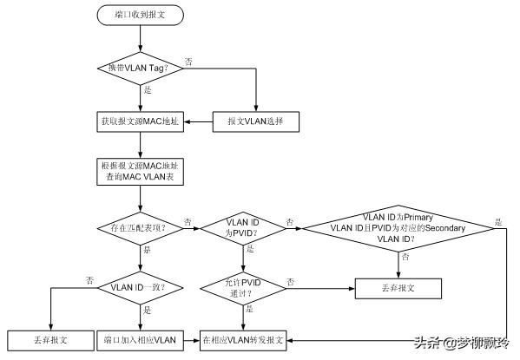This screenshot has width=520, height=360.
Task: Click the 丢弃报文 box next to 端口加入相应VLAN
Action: (x=49, y=340)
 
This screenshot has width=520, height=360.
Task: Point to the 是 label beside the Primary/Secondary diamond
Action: (x=497, y=221)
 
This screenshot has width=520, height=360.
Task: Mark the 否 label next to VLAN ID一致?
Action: (x=89, y=279)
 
